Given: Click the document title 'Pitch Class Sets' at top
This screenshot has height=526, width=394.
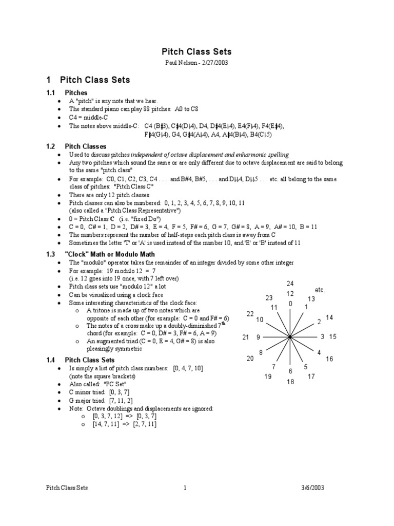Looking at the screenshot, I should pos(197,51).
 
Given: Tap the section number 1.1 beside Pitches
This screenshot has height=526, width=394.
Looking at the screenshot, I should pos(50,92).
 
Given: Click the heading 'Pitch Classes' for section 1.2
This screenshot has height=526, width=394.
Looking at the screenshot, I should pos(86,146).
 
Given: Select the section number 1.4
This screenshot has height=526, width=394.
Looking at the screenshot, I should pos(50,360).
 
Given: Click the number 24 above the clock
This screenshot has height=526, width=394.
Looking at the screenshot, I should pos(290,284).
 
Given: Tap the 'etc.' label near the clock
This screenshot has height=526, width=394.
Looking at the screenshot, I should pos(320,290).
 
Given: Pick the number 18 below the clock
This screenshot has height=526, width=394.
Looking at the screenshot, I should pos(290,382).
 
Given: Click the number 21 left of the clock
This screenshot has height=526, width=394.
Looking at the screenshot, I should pos(246,337).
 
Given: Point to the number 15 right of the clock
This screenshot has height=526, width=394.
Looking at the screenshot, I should pos(333,337).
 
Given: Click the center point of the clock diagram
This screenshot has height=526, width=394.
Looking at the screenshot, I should pos(290,337).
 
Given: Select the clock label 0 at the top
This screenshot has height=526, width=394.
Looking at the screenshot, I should pos(290,304).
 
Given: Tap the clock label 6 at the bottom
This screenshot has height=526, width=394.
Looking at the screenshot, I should pos(290,371).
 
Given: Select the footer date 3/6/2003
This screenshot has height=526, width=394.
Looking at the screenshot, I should pos(312,488).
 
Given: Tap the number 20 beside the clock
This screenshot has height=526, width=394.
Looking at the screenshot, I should pos(250,359).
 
